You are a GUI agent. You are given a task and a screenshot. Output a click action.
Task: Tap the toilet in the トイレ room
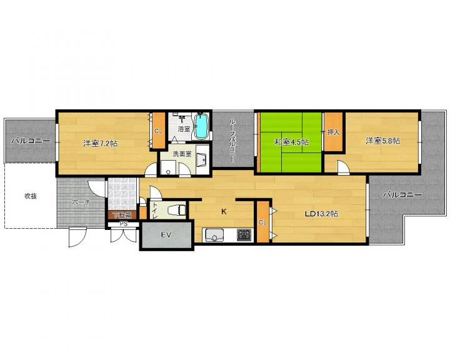[x=177, y=209]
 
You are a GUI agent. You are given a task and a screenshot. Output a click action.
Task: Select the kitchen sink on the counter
[x=214, y=235]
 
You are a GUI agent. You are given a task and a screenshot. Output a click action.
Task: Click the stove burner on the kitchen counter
[x=244, y=235]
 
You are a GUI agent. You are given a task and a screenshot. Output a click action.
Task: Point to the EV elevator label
[x=166, y=235]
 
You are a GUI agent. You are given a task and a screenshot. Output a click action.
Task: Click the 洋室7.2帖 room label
[x=101, y=143]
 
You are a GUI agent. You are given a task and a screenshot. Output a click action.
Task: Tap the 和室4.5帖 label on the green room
[x=292, y=142]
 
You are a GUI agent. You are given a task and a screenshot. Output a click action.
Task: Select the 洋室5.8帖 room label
[x=382, y=141]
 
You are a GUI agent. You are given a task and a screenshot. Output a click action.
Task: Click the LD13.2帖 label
[x=321, y=214]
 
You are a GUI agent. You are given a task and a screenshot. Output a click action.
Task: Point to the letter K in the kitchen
[x=224, y=212]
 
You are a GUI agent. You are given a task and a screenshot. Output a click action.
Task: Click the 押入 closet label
[x=333, y=132]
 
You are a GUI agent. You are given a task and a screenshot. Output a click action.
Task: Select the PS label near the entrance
[x=124, y=224]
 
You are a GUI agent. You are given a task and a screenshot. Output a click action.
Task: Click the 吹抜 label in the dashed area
[x=31, y=196]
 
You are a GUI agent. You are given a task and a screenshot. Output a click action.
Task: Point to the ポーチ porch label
[x=81, y=202]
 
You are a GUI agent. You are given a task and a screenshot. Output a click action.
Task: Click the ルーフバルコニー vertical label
[x=232, y=141]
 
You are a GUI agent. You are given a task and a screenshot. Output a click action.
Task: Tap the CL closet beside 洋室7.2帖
[x=158, y=131]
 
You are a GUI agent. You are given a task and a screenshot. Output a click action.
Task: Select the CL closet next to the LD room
[x=262, y=222]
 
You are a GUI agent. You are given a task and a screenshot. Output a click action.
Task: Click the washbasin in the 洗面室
[x=202, y=160]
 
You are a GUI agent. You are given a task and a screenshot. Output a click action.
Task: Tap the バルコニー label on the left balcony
[x=31, y=141]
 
